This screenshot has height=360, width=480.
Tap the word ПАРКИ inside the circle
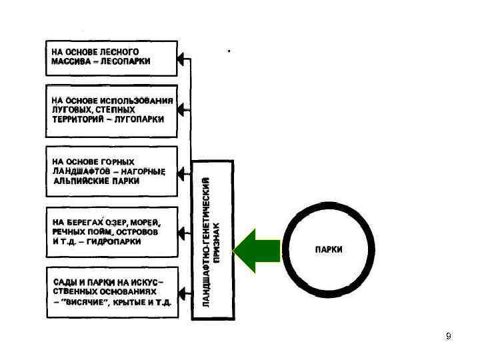[329, 249]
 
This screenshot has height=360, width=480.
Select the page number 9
[448, 336]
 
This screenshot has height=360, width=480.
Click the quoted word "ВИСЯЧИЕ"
[87, 301]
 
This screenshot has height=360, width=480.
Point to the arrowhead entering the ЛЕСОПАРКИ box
[182, 59]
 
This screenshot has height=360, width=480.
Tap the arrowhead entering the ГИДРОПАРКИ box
[182, 233]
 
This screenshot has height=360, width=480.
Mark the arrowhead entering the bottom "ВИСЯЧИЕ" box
[182, 291]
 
